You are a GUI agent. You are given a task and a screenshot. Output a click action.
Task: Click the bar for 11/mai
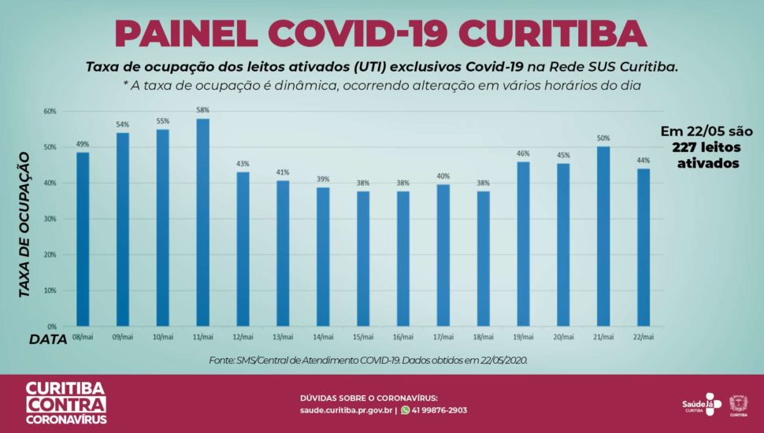pyautogui.click(x=203, y=222)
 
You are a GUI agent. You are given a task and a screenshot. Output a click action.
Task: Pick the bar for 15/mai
pyautogui.click(x=364, y=258)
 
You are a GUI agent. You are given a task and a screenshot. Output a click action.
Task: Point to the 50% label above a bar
pyautogui.click(x=603, y=139)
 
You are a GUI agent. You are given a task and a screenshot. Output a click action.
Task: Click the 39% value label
pyautogui.click(x=324, y=179)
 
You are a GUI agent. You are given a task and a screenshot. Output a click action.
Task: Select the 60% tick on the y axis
pyautogui.click(x=50, y=111)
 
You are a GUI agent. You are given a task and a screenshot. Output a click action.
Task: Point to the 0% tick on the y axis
pyautogui.click(x=51, y=326)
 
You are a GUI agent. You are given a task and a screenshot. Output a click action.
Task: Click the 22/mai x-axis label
pyautogui.click(x=643, y=336)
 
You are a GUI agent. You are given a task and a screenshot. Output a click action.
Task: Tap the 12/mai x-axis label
pyautogui.click(x=243, y=336)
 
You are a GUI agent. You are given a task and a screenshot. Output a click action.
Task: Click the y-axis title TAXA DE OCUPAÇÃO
pyautogui.click(x=24, y=224)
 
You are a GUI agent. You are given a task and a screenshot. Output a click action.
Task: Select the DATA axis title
pyautogui.click(x=48, y=339)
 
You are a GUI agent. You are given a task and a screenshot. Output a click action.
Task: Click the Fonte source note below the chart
pyautogui.click(x=368, y=360)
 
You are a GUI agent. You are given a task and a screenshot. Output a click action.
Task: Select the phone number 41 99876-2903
pyautogui.click(x=439, y=410)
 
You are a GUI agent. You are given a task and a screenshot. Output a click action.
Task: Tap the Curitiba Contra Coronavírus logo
pyautogui.click(x=66, y=403)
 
